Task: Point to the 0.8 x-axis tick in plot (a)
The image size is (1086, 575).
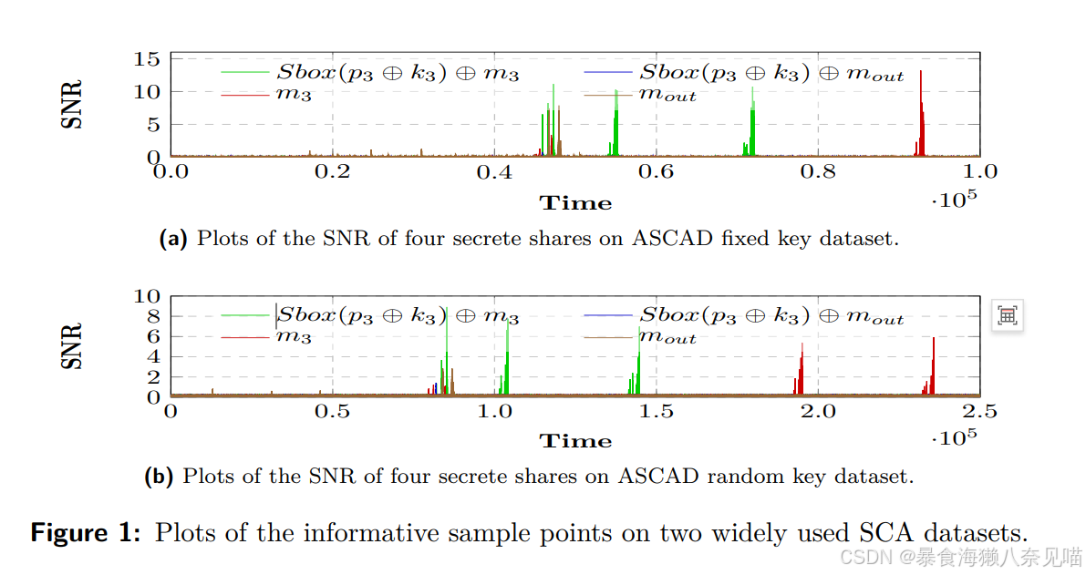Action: pos(819,171)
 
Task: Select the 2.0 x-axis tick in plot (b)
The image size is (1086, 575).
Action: pos(818,412)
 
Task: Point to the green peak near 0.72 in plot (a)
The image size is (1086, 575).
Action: pos(752,118)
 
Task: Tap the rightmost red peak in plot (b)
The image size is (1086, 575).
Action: pos(934,365)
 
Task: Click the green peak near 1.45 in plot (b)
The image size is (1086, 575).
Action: pos(638,369)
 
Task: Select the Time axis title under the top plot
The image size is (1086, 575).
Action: pos(575,202)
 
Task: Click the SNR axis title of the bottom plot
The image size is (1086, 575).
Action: pos(72,346)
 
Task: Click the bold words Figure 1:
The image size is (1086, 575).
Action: pos(86,532)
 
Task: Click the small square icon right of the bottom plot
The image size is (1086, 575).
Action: pos(1007,316)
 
